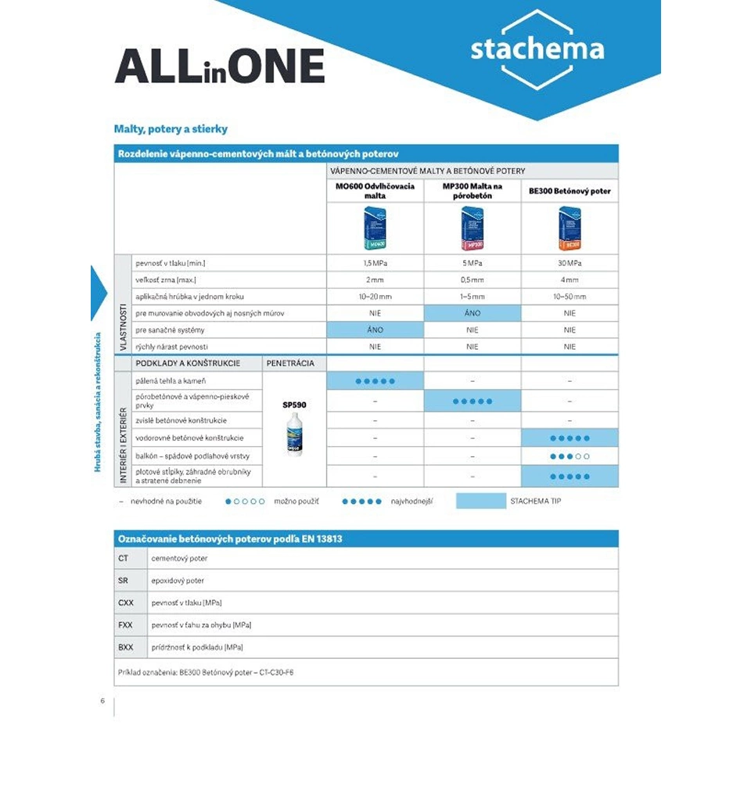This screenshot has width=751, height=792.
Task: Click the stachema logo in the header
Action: [537, 50]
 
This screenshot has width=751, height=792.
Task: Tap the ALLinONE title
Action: [220, 66]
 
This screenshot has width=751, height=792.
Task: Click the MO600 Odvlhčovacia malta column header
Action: [375, 190]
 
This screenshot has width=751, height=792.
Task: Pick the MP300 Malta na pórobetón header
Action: [473, 190]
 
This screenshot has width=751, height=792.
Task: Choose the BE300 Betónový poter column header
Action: [570, 190]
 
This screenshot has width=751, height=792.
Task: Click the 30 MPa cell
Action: [570, 263]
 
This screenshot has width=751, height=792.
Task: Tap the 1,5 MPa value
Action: [375, 263]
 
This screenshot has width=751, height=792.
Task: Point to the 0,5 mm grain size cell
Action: [473, 279]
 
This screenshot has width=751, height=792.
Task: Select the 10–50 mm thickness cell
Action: [570, 297]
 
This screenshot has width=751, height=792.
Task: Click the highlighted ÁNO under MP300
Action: [473, 313]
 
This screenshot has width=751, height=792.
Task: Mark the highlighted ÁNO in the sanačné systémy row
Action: [375, 329]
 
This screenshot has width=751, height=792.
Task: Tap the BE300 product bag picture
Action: [570, 228]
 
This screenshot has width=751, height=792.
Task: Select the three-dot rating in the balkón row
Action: [570, 455]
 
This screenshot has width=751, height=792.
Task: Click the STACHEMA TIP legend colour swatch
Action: [480, 501]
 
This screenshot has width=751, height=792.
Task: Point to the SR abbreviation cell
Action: [123, 581]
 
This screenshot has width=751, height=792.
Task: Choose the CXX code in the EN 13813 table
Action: [125, 603]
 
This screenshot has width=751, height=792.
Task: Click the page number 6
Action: [102, 700]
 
